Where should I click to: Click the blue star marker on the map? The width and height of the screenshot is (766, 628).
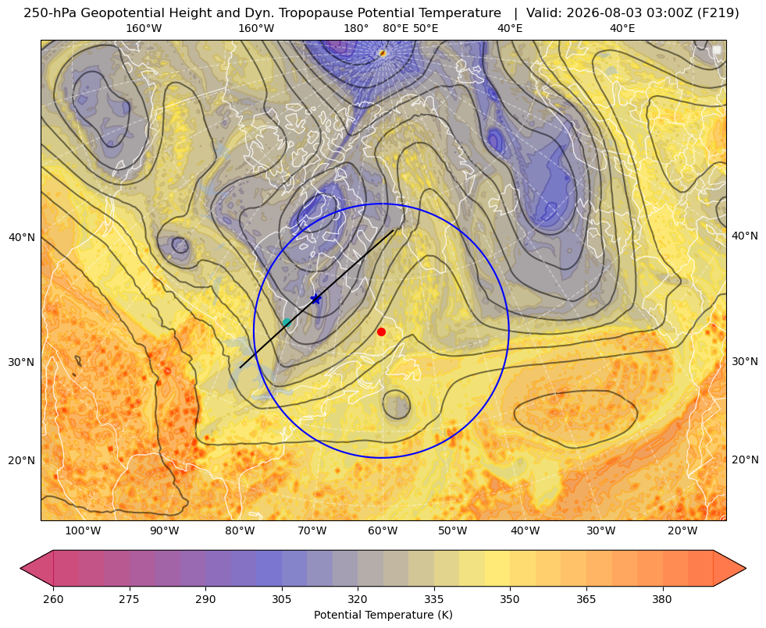(x=316, y=299)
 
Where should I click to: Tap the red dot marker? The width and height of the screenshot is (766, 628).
(x=382, y=332)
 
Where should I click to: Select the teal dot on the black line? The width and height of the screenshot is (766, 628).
(x=287, y=322)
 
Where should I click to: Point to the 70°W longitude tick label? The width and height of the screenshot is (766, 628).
(x=312, y=531)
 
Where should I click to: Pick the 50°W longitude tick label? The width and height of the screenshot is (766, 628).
(x=452, y=531)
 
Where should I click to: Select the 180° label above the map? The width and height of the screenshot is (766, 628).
(x=356, y=28)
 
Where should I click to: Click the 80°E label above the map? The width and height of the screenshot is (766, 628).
(x=395, y=28)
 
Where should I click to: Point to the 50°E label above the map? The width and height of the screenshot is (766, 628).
(x=426, y=28)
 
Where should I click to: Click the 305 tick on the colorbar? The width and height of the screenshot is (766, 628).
(x=281, y=599)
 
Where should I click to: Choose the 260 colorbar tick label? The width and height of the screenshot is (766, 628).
(x=53, y=599)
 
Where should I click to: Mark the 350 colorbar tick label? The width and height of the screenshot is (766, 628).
(x=510, y=599)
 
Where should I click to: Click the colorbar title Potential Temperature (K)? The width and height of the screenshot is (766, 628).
(x=383, y=615)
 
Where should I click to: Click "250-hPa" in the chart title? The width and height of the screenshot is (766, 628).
(x=50, y=13)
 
